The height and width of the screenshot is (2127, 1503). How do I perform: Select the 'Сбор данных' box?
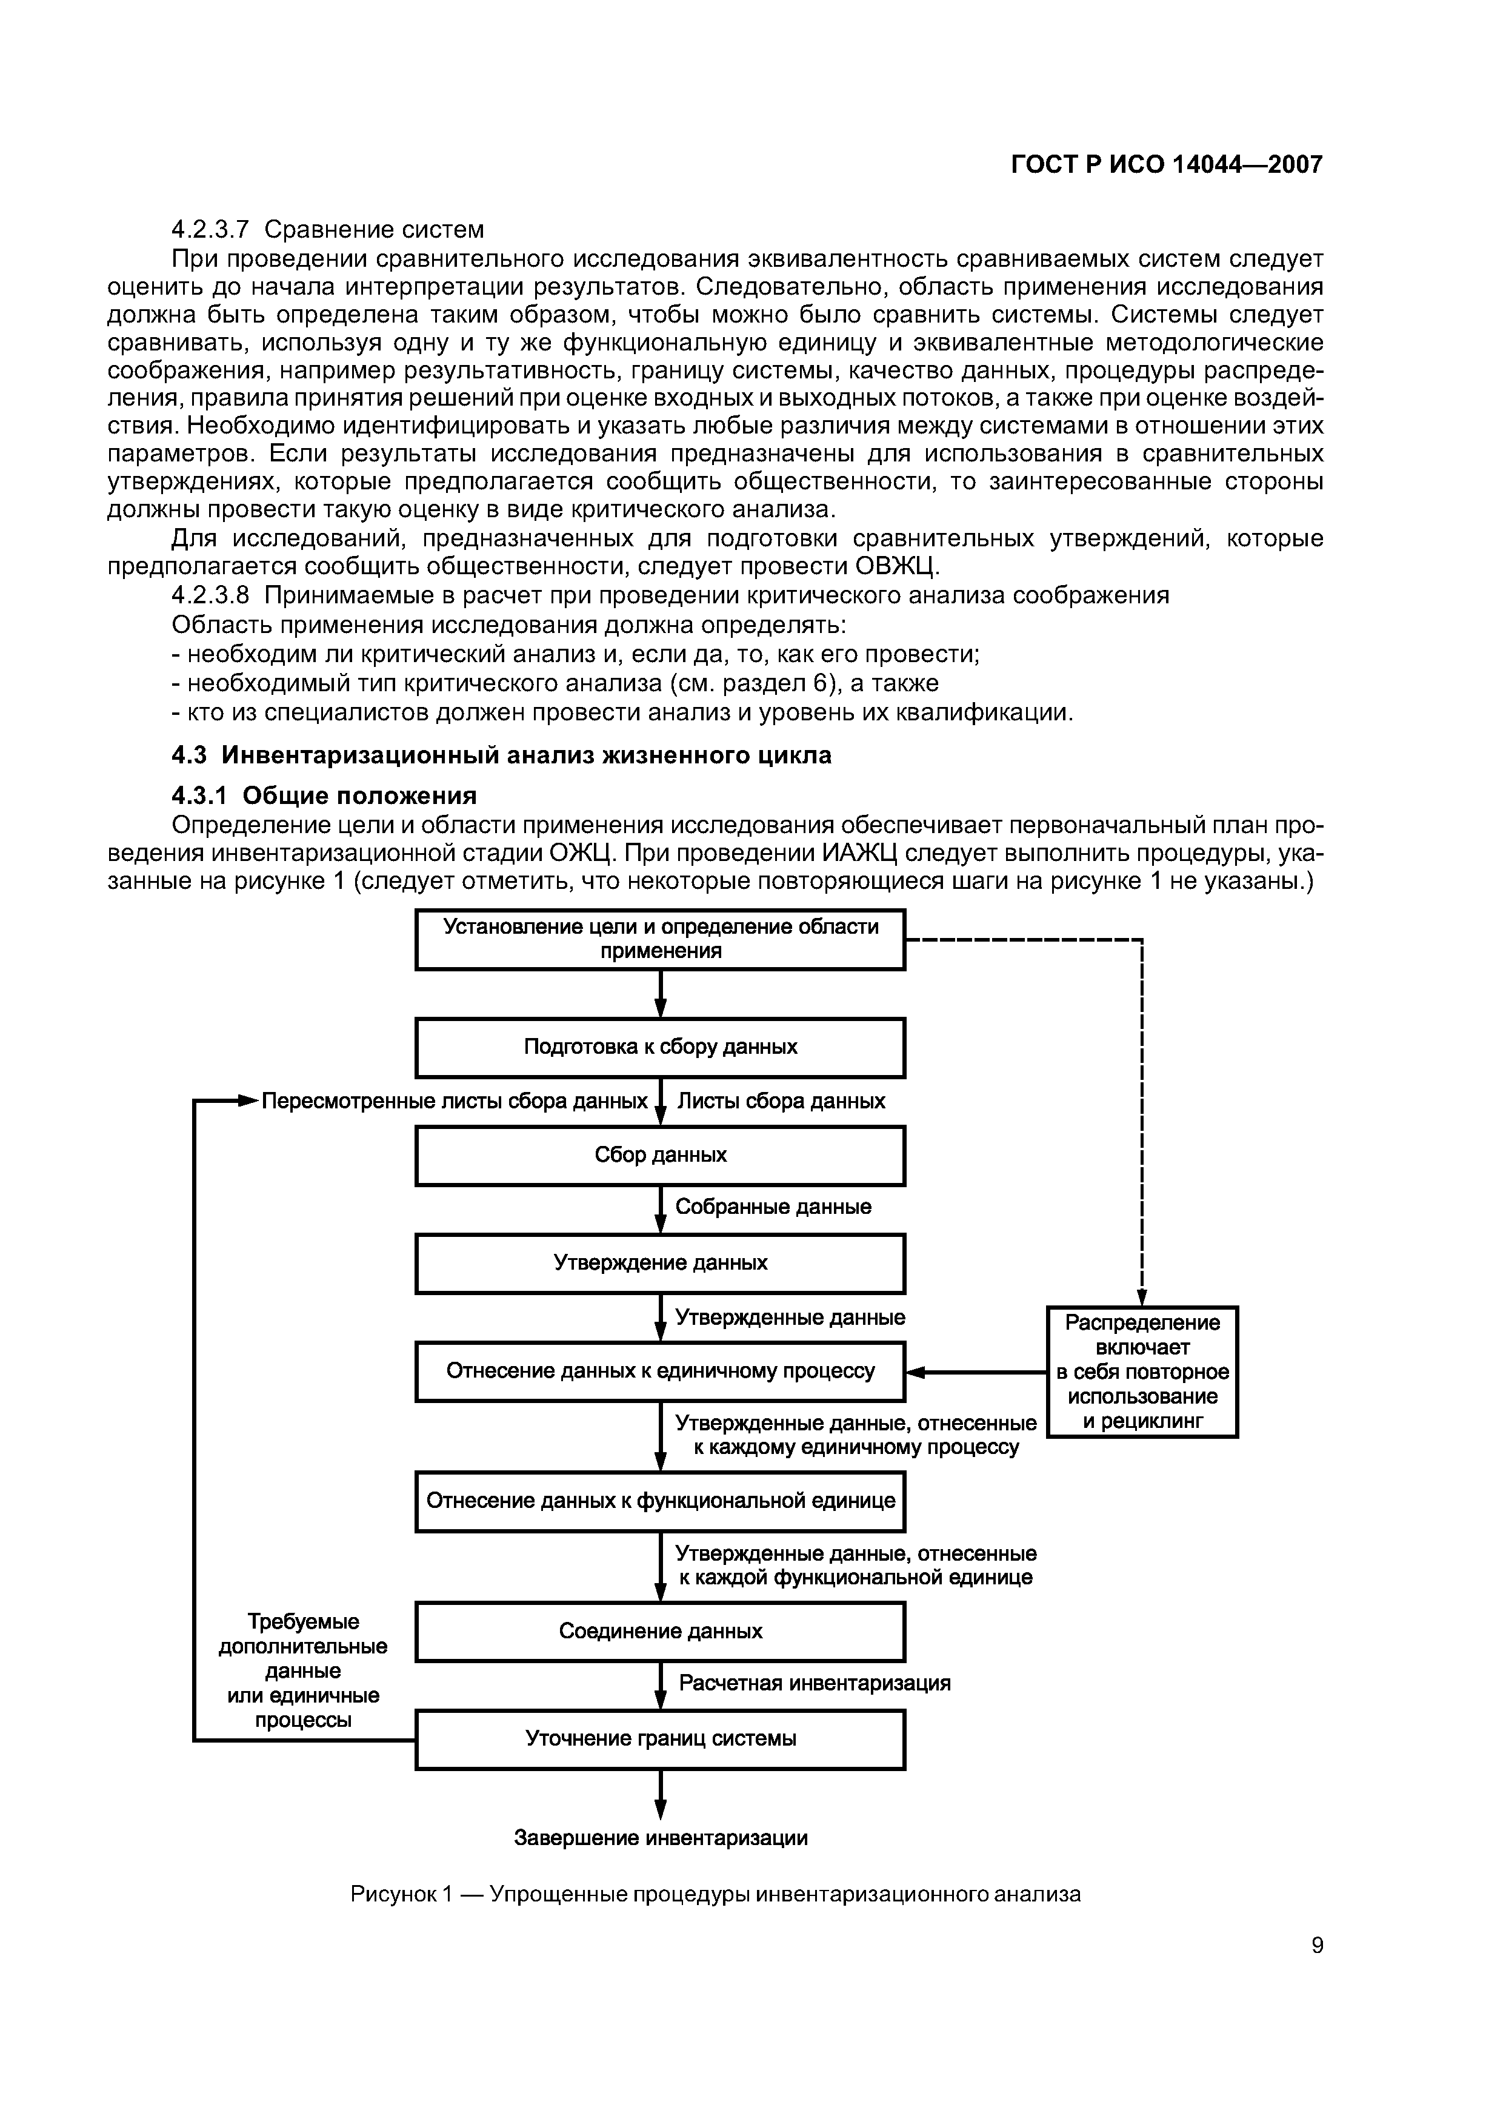659,1155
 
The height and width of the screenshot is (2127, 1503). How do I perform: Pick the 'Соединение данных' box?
659,1632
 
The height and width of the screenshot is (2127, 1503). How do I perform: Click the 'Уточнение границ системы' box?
659,1739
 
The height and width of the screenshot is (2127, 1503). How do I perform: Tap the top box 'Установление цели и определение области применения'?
659,939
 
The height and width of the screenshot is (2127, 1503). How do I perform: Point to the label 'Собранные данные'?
773,1207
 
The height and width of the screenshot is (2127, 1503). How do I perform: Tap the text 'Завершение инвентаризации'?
660,1838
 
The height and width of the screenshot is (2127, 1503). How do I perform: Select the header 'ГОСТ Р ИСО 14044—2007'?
1166,165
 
